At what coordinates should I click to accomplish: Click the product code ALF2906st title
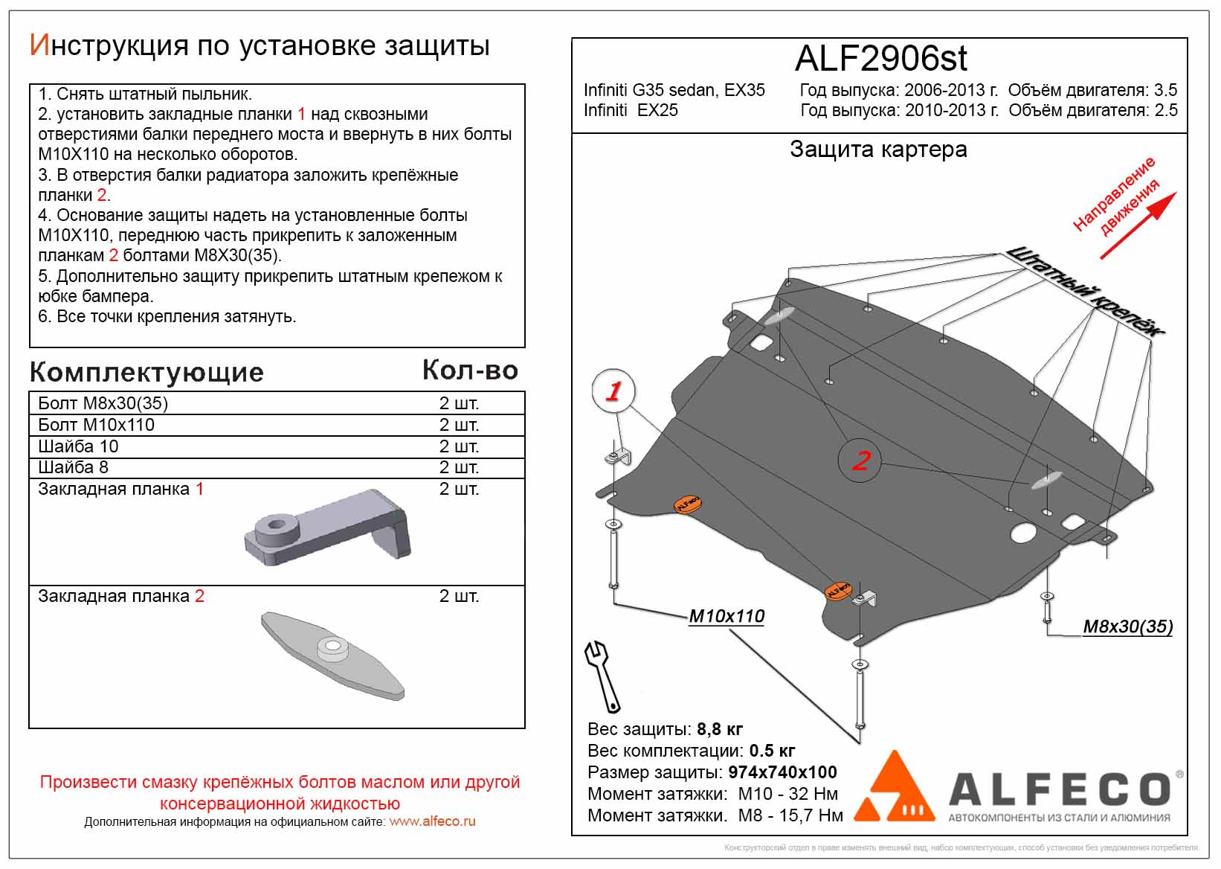pyautogui.click(x=881, y=58)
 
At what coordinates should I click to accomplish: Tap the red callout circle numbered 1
pyautogui.click(x=613, y=391)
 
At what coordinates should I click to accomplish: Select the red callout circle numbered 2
pyautogui.click(x=860, y=461)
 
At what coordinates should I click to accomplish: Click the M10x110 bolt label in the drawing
pyautogui.click(x=727, y=616)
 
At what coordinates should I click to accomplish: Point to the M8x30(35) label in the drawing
pyautogui.click(x=1127, y=626)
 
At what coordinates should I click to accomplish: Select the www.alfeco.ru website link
pyautogui.click(x=432, y=821)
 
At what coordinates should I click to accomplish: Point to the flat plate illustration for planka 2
pyautogui.click(x=332, y=654)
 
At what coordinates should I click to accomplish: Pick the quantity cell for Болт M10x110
pyautogui.click(x=459, y=425)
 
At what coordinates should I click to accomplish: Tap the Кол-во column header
pyautogui.click(x=470, y=371)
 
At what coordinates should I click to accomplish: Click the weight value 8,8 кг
pyautogui.click(x=720, y=729)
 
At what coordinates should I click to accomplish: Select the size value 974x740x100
pyautogui.click(x=782, y=772)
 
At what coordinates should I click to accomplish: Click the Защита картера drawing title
pyautogui.click(x=878, y=150)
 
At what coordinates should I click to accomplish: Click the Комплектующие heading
pyautogui.click(x=146, y=372)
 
